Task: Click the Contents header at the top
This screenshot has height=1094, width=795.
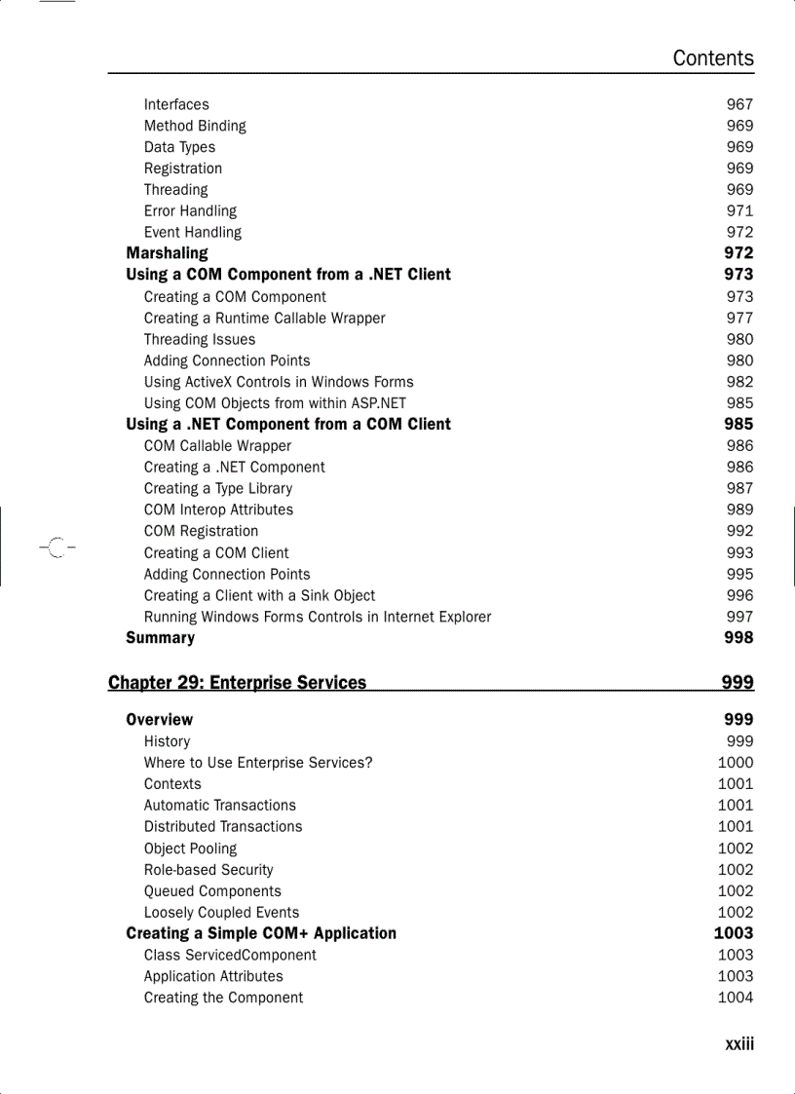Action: pos(712,58)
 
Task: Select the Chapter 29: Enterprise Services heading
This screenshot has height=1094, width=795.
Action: pos(237,683)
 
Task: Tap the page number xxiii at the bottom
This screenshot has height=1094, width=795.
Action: pos(738,1044)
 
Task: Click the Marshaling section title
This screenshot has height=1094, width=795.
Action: pos(167,253)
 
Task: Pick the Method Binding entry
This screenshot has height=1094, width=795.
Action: pos(195,126)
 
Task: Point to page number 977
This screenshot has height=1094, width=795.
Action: pos(739,318)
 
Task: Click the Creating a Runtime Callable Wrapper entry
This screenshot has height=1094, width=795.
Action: pos(264,318)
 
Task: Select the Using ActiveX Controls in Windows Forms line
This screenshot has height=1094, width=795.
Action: pos(279,382)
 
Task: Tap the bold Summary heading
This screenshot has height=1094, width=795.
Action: pos(160,638)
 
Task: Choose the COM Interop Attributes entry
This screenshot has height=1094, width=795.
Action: pos(218,509)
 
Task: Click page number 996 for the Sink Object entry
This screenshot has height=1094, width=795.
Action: pos(739,595)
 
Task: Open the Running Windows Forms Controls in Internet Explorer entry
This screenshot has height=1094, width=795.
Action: pos(318,617)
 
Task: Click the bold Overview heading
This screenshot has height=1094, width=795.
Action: pos(159,720)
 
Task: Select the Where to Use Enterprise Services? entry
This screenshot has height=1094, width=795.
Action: pos(258,763)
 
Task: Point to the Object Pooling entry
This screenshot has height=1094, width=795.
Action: pos(190,849)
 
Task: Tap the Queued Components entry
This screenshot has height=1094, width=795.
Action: pos(212,891)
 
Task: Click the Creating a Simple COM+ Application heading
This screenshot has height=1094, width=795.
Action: pos(261,933)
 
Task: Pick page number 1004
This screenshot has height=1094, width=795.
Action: pos(736,998)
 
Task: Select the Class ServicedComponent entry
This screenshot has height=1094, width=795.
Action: pos(230,955)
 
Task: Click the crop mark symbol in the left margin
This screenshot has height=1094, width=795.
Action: pos(57,547)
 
